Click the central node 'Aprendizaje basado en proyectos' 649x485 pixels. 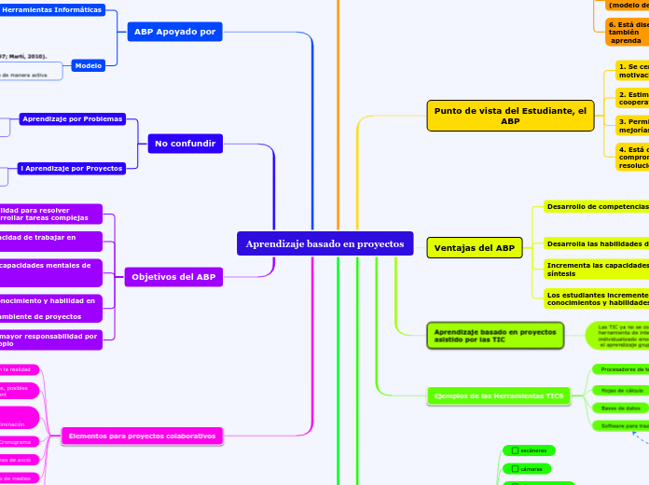[x=324, y=244]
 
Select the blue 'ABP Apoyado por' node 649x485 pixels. [x=174, y=32]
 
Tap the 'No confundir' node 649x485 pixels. [x=185, y=144]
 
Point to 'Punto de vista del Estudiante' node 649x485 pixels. [x=510, y=116]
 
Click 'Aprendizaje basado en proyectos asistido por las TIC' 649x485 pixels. [x=482, y=336]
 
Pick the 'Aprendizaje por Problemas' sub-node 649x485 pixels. [x=77, y=120]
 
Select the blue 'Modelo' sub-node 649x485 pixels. [x=89, y=66]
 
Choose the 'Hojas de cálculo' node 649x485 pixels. [x=623, y=389]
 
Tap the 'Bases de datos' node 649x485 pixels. [x=621, y=408]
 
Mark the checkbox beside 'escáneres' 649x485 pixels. [x=515, y=450]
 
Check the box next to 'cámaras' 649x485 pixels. [x=515, y=468]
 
